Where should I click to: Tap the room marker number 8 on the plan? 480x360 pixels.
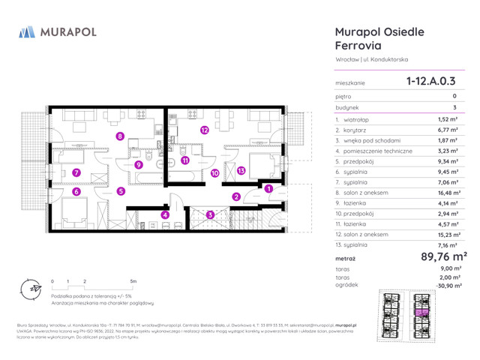[120, 136]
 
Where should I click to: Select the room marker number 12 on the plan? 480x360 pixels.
[204, 130]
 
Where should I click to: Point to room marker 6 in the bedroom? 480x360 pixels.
[76, 191]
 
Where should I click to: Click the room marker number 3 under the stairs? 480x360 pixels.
[211, 214]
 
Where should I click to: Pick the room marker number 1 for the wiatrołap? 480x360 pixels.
[268, 189]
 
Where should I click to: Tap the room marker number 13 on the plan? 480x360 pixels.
[241, 170]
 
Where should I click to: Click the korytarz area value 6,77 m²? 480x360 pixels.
[448, 130]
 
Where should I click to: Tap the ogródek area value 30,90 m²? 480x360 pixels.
[446, 286]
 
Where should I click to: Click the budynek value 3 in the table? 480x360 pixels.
[454, 108]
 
